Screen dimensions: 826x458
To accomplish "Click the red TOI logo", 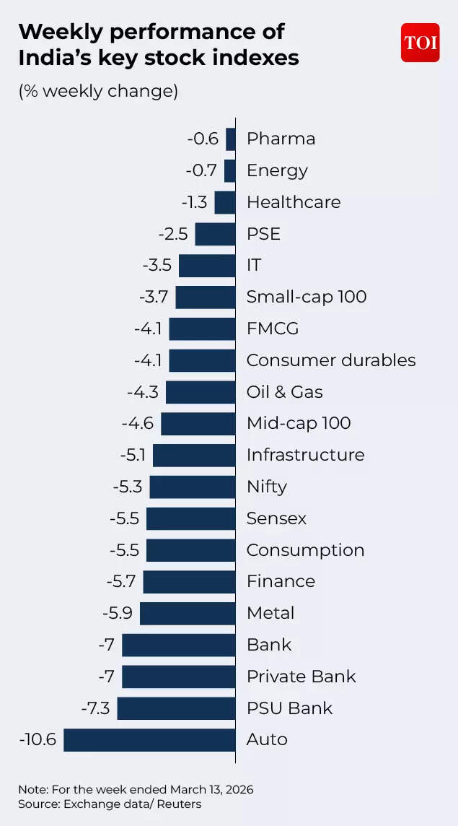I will (420, 43).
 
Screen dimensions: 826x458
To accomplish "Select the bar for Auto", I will (150, 739).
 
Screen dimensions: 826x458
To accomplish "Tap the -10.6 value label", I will (38, 739).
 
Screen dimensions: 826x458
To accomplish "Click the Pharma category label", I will (281, 139).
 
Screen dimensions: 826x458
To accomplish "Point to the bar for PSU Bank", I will (177, 708).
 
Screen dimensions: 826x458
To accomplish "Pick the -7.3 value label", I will (95, 708).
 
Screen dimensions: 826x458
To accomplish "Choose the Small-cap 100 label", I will (307, 297).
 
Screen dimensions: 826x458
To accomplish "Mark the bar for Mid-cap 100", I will (198, 423).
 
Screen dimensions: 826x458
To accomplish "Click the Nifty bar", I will (193, 487).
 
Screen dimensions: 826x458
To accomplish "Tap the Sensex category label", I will (276, 518).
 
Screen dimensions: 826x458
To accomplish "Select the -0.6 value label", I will (203, 139).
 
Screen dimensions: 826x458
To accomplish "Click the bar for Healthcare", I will (225, 202).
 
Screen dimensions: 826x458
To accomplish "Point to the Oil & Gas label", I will (284, 392).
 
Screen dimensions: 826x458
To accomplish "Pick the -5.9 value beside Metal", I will (118, 613).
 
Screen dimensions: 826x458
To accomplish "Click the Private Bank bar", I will (179, 677).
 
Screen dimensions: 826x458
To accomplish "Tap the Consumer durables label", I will (331, 360).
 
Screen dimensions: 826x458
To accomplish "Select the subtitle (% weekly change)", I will (98, 92).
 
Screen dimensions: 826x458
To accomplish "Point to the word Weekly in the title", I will (62, 32).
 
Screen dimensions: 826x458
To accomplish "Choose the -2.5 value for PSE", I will (172, 234).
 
